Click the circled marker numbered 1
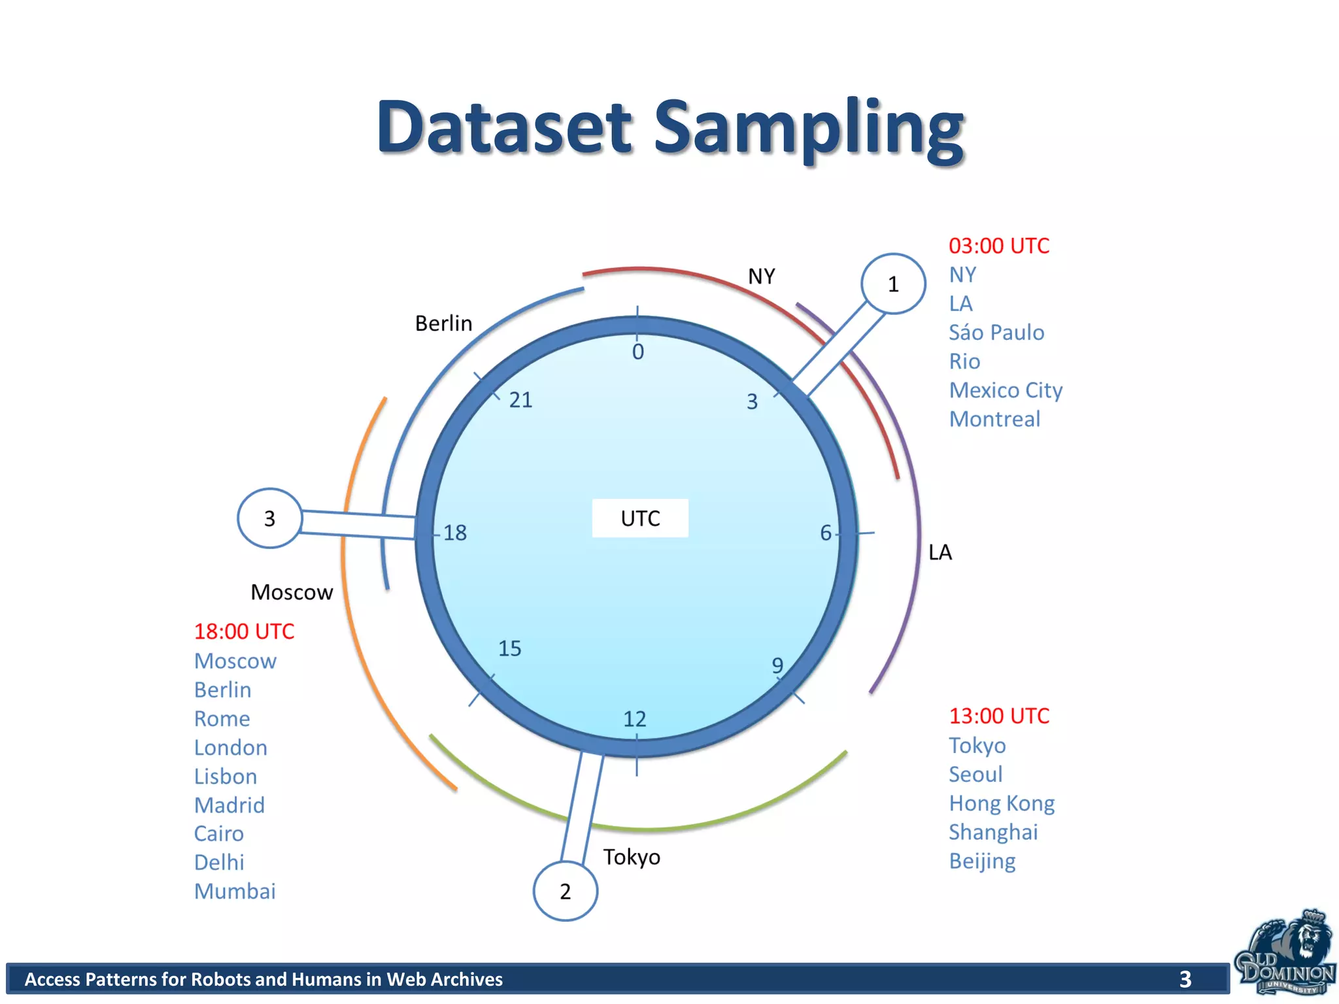[x=892, y=284]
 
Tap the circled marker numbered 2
[x=566, y=890]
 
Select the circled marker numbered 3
[x=269, y=518]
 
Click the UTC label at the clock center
[x=640, y=518]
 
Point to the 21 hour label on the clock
[x=520, y=399]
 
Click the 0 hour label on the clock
[x=638, y=352]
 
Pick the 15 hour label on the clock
[x=509, y=648]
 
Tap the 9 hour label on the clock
[x=777, y=665]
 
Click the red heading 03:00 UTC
[x=998, y=246]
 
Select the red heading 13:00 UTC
[x=998, y=716]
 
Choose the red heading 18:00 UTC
[x=244, y=631]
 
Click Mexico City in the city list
[x=1006, y=390]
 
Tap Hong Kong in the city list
[x=1002, y=803]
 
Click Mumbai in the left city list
[x=235, y=891]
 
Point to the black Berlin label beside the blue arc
[x=443, y=323]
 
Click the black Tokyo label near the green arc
[x=631, y=857]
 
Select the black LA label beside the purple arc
[x=940, y=552]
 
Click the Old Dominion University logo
[x=1285, y=954]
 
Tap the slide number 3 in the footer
[x=1185, y=979]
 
